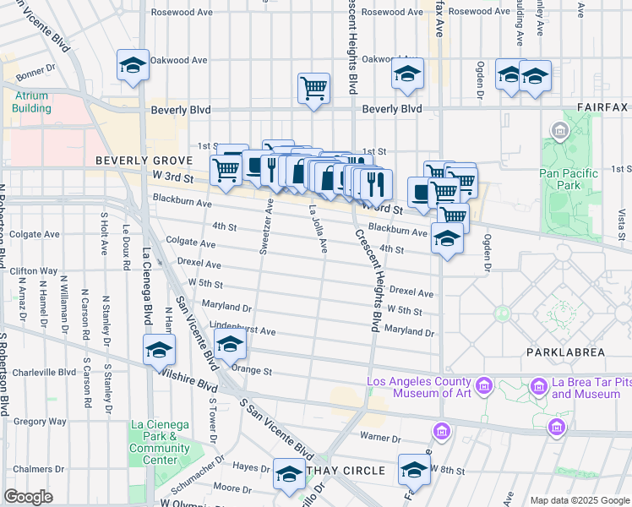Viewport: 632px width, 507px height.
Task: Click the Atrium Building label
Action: tap(31, 101)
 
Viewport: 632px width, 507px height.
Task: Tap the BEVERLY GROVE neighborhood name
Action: tap(133, 161)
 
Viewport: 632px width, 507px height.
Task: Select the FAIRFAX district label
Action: tap(602, 107)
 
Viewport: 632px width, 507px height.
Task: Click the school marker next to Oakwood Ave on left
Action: tap(133, 66)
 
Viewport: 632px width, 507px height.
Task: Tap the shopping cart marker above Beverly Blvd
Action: tap(313, 87)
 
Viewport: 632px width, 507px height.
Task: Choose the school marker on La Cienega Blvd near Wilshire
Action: tap(159, 350)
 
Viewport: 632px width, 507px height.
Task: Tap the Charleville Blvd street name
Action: tap(44, 371)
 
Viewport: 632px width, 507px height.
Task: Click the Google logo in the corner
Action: tap(29, 497)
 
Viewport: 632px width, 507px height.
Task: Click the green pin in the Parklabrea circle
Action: tap(503, 313)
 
